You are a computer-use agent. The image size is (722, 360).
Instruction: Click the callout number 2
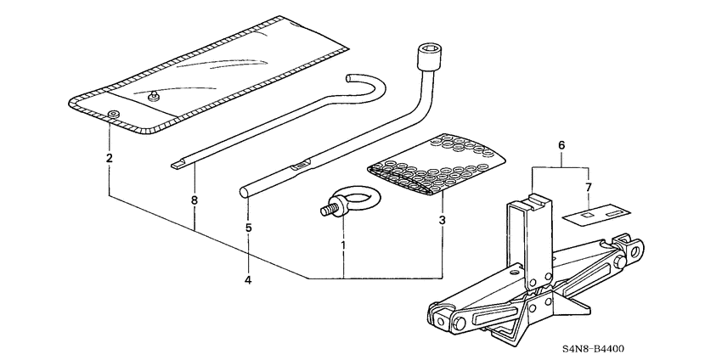click(109, 159)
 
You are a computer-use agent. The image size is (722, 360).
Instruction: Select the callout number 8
click(194, 200)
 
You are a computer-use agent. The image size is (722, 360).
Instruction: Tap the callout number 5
click(248, 228)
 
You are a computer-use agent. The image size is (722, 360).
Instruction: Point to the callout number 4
click(248, 280)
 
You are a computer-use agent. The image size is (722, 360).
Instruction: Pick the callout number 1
click(343, 245)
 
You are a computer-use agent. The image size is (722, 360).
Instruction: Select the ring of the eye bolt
click(356, 198)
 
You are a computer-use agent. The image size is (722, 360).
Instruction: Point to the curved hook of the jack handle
click(365, 86)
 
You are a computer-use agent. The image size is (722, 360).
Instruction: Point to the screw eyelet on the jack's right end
click(633, 249)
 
